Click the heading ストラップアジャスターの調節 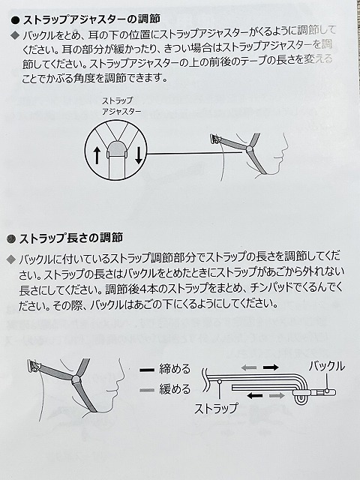click(x=91, y=19)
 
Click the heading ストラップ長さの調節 click(x=71, y=238)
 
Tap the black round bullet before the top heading click(x=15, y=20)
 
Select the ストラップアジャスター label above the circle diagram click(x=121, y=106)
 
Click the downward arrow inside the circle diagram click(x=139, y=155)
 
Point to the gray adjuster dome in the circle click(x=118, y=148)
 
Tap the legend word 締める click(x=175, y=369)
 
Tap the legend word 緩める click(x=175, y=389)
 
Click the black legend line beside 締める click(x=147, y=370)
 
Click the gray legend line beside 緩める click(x=147, y=390)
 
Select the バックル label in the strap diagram click(x=327, y=366)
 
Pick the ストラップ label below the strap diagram click(x=216, y=408)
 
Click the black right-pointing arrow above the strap click(x=271, y=367)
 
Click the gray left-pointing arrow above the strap click(x=248, y=367)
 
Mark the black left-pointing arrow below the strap click(x=255, y=396)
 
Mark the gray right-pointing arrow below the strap click(x=277, y=396)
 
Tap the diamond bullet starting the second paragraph click(x=10, y=259)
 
